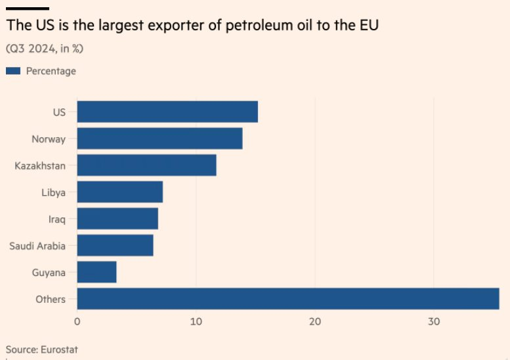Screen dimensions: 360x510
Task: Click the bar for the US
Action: (x=167, y=112)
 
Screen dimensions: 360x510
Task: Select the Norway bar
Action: (x=159, y=139)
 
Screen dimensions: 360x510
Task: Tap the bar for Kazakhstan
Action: (x=146, y=166)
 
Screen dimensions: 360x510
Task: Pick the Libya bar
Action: (x=119, y=192)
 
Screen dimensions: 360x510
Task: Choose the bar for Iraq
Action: (x=117, y=219)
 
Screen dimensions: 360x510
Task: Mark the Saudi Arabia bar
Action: (x=115, y=246)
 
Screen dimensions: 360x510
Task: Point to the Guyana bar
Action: (x=96, y=272)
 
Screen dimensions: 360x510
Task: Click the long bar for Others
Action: (x=287, y=299)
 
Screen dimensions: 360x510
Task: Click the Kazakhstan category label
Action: (x=40, y=166)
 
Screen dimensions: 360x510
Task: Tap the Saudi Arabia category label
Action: (x=37, y=246)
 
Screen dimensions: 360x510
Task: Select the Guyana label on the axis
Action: (x=49, y=273)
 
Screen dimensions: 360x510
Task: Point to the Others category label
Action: (x=51, y=300)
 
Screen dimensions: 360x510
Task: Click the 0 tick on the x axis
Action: (x=77, y=322)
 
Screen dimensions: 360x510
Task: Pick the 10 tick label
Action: (x=196, y=322)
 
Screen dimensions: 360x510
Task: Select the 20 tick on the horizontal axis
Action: (x=315, y=322)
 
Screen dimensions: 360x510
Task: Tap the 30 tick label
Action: (x=434, y=322)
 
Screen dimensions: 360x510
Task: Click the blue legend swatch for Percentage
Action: (x=13, y=71)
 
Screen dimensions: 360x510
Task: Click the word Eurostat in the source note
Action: (x=60, y=349)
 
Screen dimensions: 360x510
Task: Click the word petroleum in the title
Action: (x=239, y=27)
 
